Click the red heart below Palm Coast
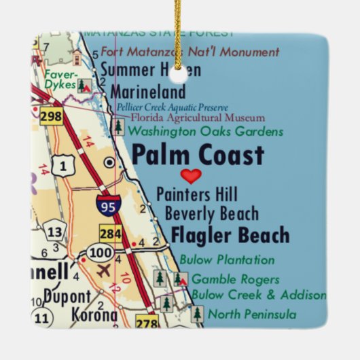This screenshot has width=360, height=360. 192,177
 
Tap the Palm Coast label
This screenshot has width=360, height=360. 197,156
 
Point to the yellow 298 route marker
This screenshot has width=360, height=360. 50,116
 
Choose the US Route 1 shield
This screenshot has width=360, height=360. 62,164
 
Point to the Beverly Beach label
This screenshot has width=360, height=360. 212,215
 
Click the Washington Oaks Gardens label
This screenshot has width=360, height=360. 205,131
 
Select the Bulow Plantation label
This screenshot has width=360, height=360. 227,259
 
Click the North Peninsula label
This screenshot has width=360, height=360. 251,314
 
